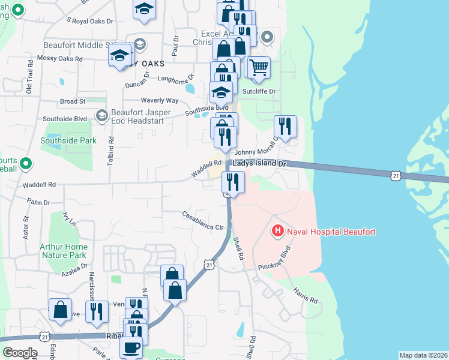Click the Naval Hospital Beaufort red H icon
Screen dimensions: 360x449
click(277, 230)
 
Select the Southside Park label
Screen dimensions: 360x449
click(60, 141)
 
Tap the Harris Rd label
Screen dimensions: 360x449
click(301, 295)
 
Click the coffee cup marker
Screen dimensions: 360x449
click(131, 346)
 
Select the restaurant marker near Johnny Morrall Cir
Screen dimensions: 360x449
click(285, 126)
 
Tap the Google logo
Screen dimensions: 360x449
click(19, 353)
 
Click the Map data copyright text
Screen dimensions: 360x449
click(423, 355)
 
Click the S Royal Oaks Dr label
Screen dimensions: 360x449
click(89, 21)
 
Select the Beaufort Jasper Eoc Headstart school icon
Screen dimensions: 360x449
click(102, 114)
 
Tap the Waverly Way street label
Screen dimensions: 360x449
click(159, 100)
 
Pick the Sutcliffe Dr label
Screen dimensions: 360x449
click(258, 91)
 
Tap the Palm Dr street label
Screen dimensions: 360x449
click(38, 203)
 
